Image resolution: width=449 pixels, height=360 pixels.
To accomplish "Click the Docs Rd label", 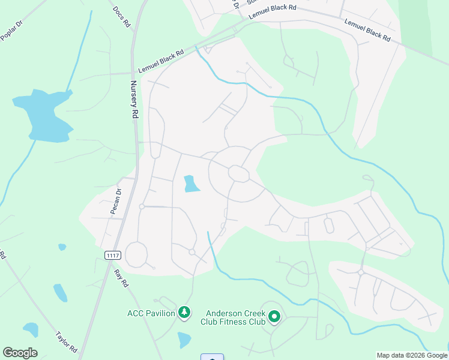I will click(121, 17).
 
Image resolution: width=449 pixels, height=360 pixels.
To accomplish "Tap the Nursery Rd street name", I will click(134, 100).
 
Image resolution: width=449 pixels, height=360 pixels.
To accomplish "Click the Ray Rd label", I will click(121, 277).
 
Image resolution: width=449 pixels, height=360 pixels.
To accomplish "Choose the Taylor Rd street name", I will click(66, 341).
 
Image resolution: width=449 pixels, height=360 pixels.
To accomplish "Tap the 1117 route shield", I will click(112, 256).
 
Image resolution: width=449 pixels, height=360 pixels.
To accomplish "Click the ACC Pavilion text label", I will click(151, 313).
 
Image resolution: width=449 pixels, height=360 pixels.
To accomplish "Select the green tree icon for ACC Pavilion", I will click(185, 313).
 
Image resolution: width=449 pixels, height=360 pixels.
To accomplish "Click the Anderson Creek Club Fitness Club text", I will click(235, 317).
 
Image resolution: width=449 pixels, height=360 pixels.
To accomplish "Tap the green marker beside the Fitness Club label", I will click(275, 316).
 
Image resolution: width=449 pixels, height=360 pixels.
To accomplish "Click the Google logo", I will click(20, 353).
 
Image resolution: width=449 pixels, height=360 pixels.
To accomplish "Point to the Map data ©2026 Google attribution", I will click(412, 355).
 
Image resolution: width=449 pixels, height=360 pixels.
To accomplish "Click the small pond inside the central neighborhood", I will click(191, 184).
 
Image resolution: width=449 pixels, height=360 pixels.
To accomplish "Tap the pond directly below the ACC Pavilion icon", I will click(184, 340).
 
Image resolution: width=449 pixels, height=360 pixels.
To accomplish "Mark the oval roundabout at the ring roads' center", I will click(239, 173).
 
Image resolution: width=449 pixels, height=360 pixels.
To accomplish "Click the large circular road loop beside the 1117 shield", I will click(136, 254).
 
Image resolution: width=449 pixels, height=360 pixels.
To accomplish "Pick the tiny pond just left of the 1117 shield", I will click(62, 247).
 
